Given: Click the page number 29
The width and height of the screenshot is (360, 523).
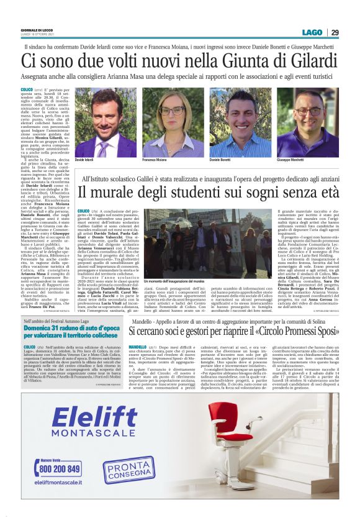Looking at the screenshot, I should [x=334, y=32].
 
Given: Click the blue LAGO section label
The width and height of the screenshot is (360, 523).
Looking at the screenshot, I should [x=311, y=32].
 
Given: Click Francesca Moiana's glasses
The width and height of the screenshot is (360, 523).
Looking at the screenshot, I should [x=171, y=112].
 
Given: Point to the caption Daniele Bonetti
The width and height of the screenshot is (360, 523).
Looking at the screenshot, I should [x=238, y=160].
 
